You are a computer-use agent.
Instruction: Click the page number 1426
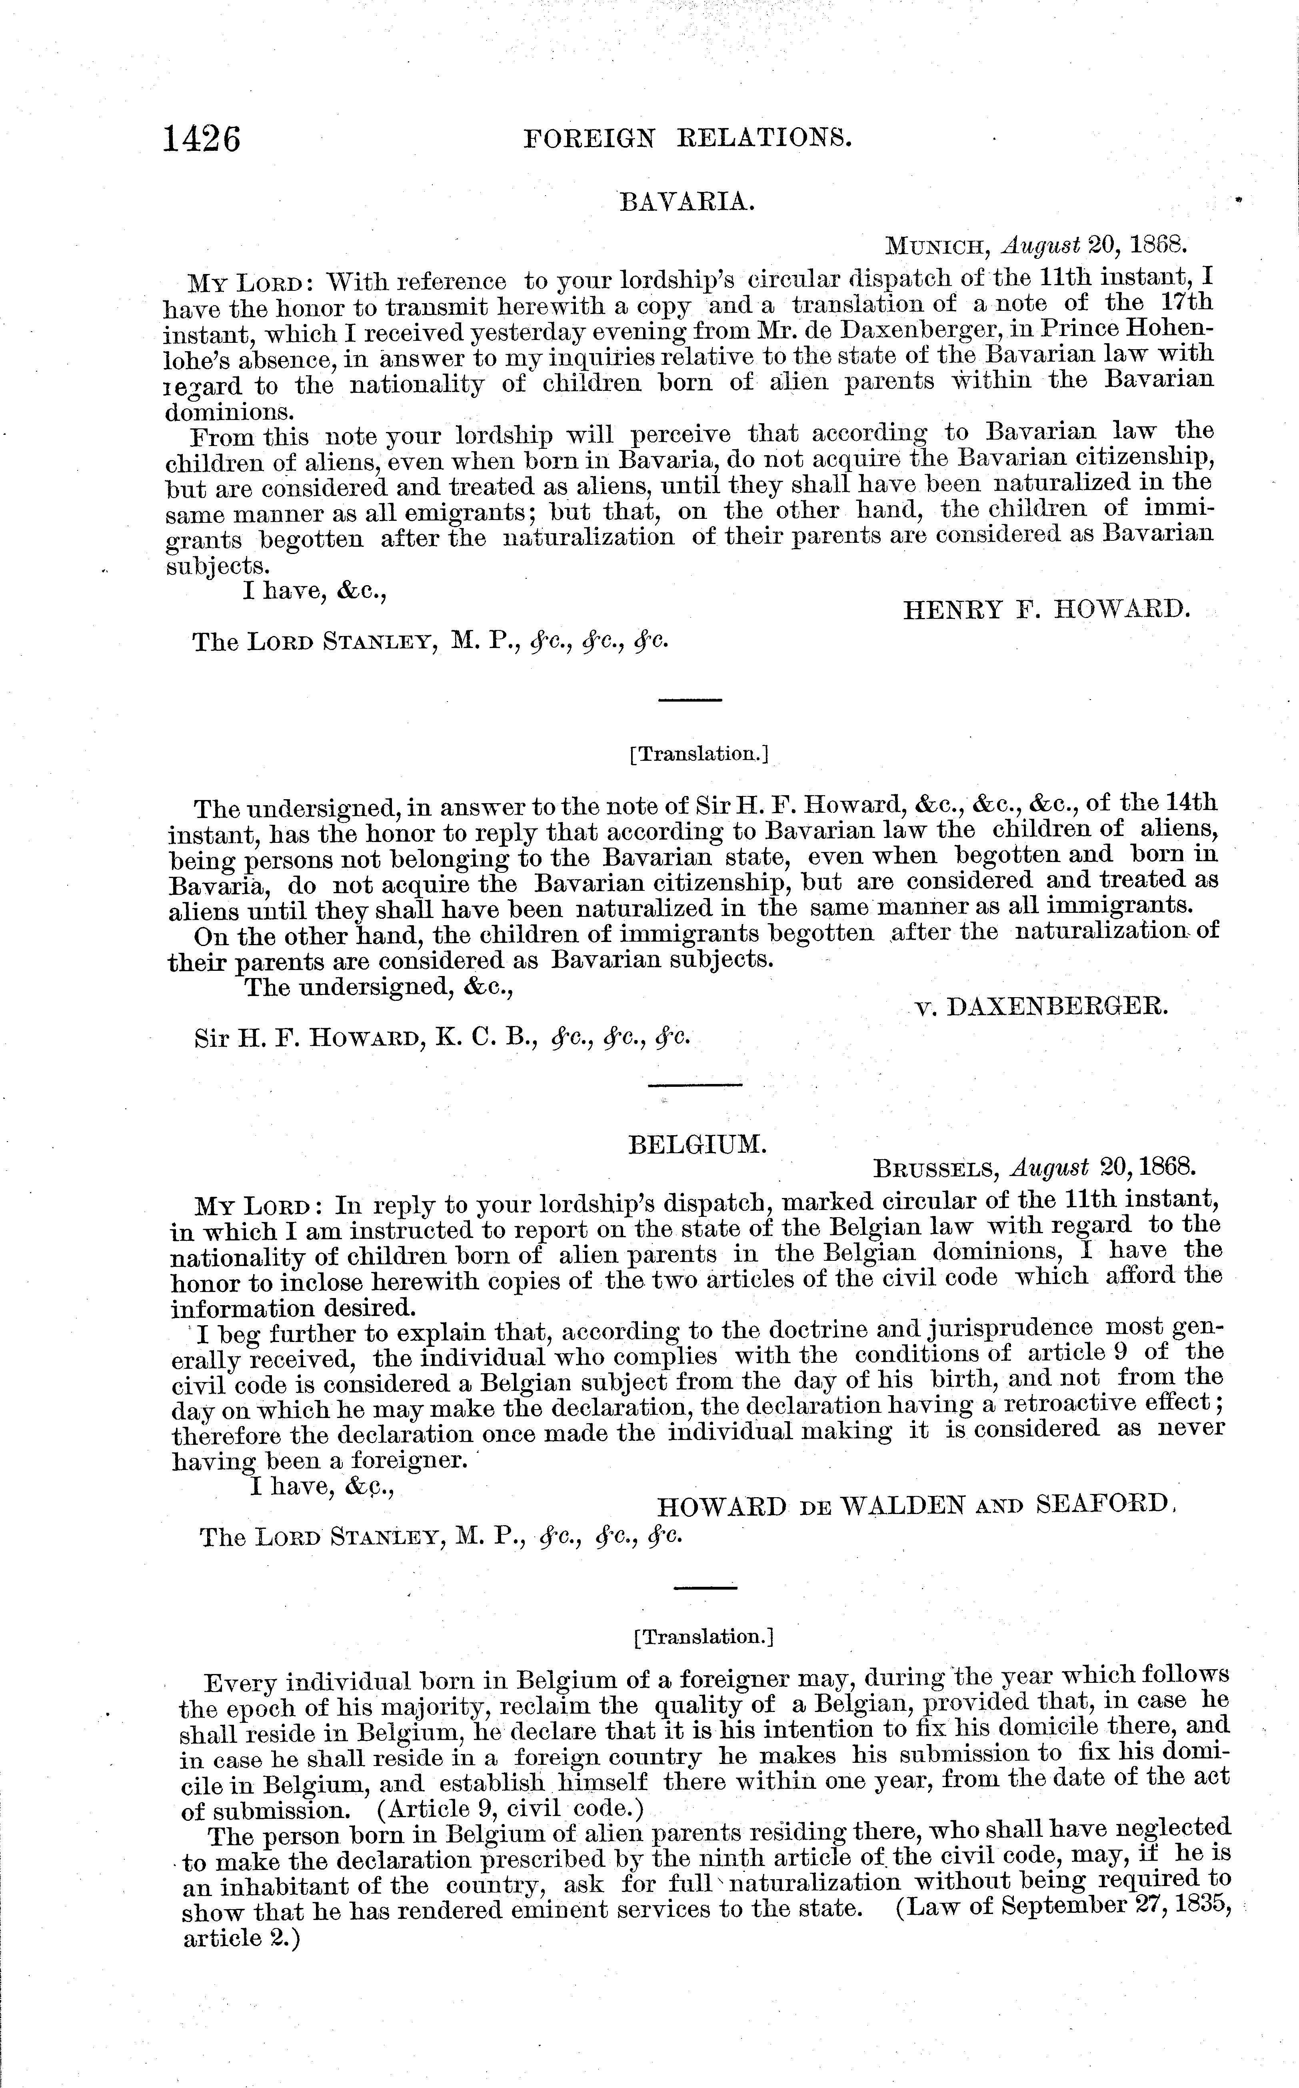[203, 138]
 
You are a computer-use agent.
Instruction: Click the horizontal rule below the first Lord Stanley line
[690, 700]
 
